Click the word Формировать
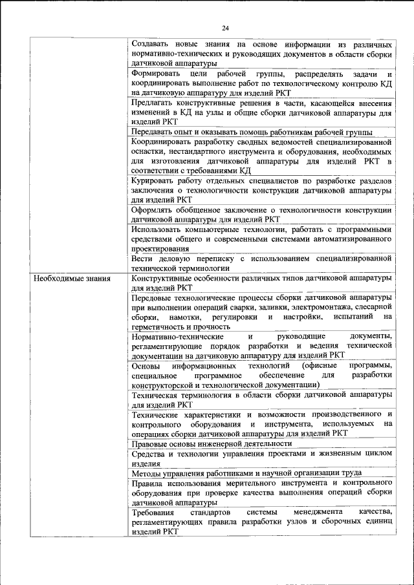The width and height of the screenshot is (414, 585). pyautogui.click(x=154, y=74)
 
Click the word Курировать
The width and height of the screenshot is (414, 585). pyautogui.click(x=153, y=180)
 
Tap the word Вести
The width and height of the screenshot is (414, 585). pyautogui.click(x=142, y=258)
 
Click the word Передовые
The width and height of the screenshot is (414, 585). pyautogui.click(x=151, y=298)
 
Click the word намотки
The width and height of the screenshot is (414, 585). pyautogui.click(x=186, y=317)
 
